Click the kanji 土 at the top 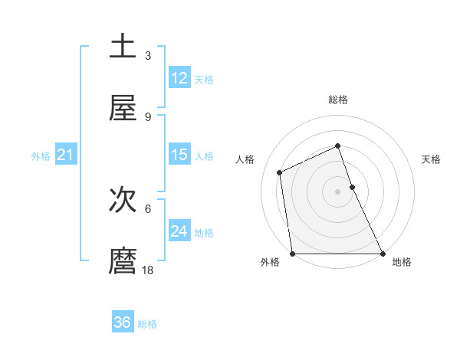coord(123,46)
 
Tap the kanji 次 coord(123,199)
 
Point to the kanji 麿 coord(123,261)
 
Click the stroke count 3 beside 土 coord(148,55)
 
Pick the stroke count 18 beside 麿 coord(148,270)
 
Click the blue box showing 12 coord(179,78)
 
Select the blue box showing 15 coord(179,155)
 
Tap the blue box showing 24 coord(179,231)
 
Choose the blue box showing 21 coord(65,155)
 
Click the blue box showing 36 coord(123,322)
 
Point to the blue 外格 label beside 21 coord(41,156)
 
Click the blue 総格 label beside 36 coord(147,324)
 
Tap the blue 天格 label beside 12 coord(204,80)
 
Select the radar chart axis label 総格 coord(338,100)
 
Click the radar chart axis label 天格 coord(432,159)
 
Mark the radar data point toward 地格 coord(383,254)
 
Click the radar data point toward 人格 coord(280,172)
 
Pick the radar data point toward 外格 coord(293,254)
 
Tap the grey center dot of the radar coord(338,191)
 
